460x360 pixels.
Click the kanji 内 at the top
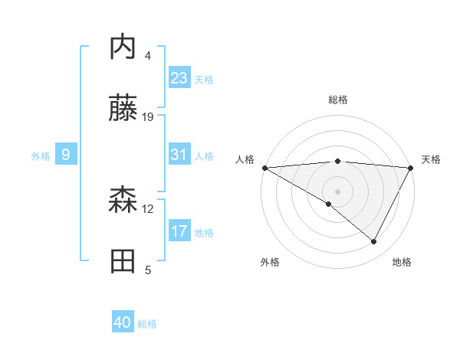click(x=123, y=47)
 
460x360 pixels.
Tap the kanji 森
click(x=123, y=201)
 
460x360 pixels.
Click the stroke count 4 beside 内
click(x=148, y=56)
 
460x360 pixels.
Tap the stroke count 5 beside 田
click(x=148, y=270)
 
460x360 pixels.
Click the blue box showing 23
click(x=179, y=78)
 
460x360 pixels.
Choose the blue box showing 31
click(x=179, y=155)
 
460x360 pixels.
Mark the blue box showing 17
click(x=179, y=231)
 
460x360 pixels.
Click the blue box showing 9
click(x=66, y=155)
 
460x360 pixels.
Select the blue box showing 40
click(x=123, y=323)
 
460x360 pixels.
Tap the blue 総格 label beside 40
click(x=147, y=324)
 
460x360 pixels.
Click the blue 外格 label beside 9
click(x=41, y=156)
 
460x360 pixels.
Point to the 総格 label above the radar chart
click(x=337, y=100)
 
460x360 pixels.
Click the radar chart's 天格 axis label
click(x=431, y=159)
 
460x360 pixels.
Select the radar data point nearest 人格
click(x=264, y=167)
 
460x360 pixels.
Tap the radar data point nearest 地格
click(x=374, y=242)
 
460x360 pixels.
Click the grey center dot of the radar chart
click(x=337, y=191)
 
